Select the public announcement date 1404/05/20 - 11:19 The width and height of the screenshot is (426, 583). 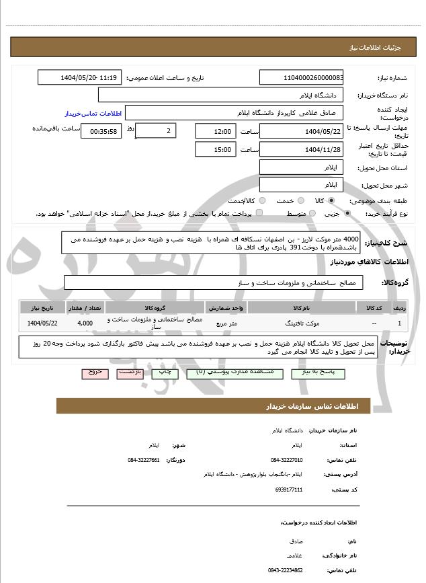79,78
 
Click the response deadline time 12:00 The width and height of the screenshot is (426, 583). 215,131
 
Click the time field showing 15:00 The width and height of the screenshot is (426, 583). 215,149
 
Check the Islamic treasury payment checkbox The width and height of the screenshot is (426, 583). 259,213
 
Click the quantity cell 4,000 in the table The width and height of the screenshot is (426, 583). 85,323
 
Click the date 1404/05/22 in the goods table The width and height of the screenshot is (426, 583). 42,323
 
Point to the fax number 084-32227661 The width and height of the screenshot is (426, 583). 143,460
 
